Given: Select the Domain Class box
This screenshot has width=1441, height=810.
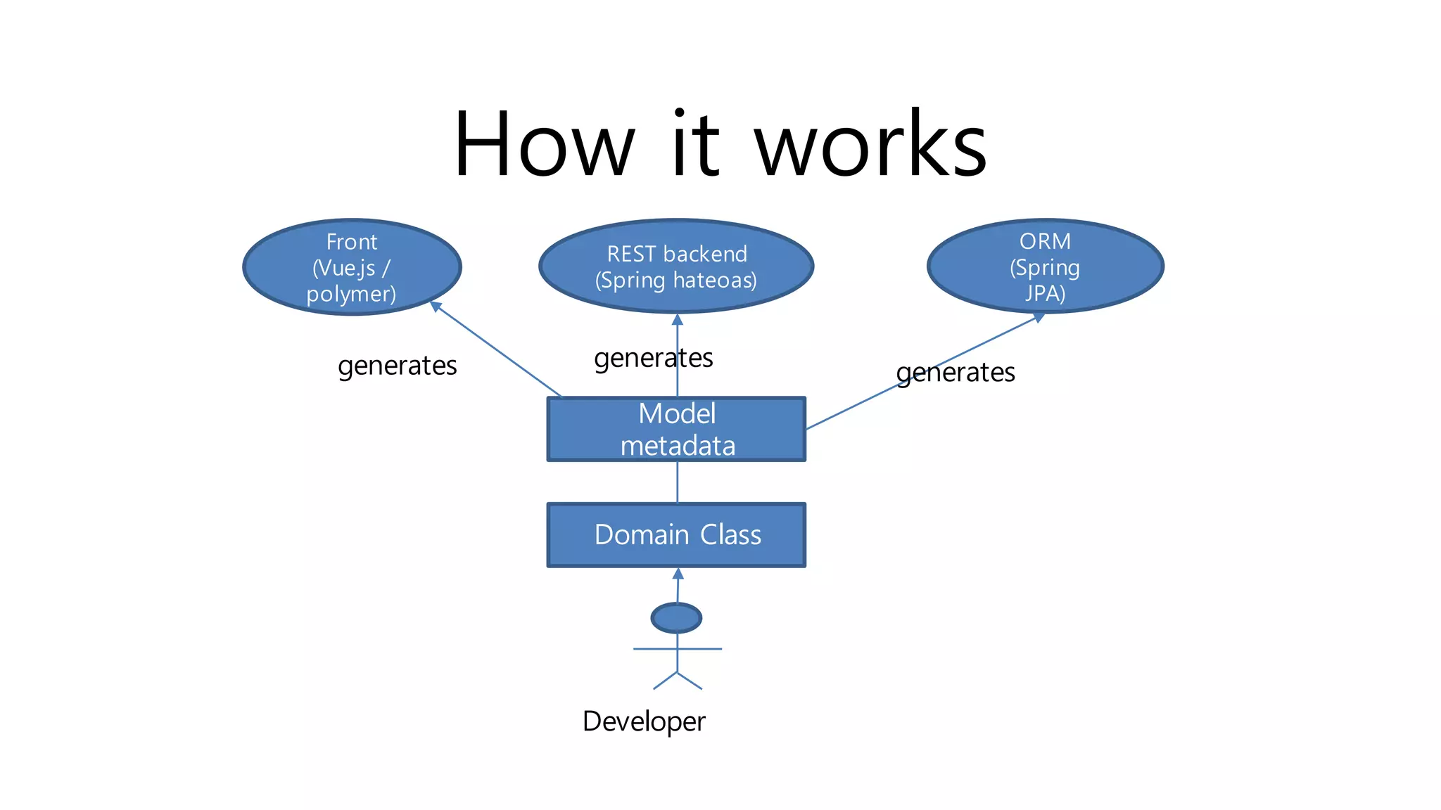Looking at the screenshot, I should coord(676,535).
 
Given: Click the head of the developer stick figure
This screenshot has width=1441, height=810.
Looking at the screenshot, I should coord(676,618).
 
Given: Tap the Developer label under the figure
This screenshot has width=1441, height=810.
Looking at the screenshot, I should coord(644,721).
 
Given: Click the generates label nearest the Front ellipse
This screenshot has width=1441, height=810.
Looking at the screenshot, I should coord(398,366).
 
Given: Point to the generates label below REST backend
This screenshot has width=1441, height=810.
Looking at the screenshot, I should coord(653,358).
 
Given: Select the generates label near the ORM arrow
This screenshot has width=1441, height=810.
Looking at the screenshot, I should coord(956,372).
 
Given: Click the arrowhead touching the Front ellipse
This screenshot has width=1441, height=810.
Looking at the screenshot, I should coord(436,306).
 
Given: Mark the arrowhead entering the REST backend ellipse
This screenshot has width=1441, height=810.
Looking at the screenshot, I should coord(678,319).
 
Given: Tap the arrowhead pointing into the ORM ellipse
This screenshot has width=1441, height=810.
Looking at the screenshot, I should coord(1038,318).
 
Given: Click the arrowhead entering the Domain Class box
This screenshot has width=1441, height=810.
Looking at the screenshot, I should coord(678,574).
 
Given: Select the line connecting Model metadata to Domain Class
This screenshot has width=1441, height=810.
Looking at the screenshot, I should coord(678,482).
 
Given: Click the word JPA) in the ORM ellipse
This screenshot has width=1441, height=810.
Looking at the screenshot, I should coord(1045,292).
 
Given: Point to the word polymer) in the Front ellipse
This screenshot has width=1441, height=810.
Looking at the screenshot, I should coord(351,293).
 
